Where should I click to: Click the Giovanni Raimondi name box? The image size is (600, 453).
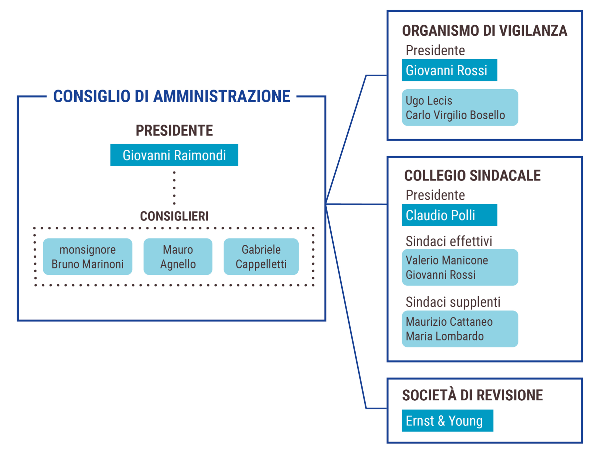174,155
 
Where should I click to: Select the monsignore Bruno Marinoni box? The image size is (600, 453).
88,256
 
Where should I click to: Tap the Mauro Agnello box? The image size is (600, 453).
178,256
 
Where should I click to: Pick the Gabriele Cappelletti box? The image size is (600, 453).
261,256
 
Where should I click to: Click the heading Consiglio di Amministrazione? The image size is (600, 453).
171,96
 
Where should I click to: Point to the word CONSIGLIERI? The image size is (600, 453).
174,216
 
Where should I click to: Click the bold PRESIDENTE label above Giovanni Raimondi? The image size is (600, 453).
174,130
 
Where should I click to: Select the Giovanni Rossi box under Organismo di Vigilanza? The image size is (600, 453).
449,70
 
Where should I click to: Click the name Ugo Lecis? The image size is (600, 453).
429,101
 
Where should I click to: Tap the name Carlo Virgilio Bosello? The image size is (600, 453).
455,115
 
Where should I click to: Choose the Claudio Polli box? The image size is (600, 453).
449,215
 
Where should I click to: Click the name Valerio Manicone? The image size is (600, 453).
447,260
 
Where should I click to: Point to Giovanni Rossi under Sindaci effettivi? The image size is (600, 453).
441,275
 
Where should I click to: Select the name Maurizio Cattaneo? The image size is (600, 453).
449,322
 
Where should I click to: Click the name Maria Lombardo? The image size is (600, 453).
445,336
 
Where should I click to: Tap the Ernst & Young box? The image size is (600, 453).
447,421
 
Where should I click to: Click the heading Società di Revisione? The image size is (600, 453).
472,395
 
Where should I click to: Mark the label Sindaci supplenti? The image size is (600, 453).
453,302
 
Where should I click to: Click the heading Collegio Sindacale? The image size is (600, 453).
472,176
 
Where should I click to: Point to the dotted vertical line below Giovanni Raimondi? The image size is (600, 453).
174,188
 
